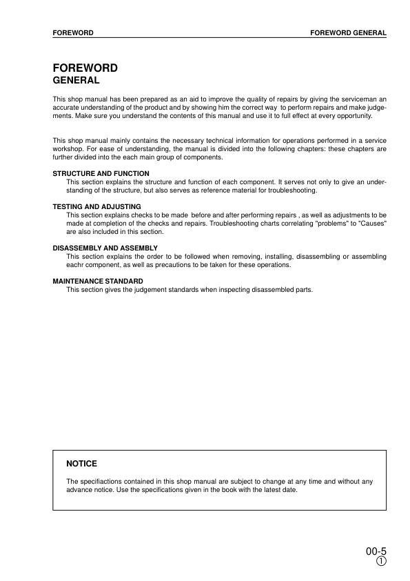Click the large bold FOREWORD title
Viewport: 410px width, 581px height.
[85, 68]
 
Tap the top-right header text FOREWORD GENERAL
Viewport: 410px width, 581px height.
[348, 32]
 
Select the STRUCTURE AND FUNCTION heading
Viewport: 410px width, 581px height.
[101, 174]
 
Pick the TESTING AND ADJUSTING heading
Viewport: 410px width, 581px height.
[97, 206]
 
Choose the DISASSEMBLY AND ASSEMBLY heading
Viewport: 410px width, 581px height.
[105, 248]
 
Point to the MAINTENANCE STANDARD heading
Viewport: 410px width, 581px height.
[98, 281]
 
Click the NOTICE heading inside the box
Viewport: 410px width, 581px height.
[81, 463]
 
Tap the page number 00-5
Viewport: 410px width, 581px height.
[376, 551]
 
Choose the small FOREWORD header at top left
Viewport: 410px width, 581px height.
[73, 32]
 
